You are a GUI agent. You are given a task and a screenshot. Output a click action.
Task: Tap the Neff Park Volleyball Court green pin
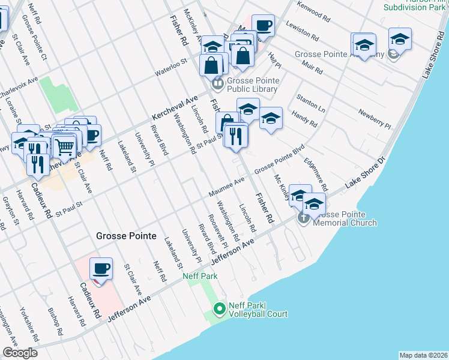point(220,310)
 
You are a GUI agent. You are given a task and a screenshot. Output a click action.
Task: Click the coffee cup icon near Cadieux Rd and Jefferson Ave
point(101,268)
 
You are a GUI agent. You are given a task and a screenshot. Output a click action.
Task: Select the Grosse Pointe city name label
point(126,236)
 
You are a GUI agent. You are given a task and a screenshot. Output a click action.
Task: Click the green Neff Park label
point(200,276)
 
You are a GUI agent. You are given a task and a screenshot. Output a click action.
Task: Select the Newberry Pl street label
point(375,119)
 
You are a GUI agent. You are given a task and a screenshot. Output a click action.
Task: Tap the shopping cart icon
point(64,146)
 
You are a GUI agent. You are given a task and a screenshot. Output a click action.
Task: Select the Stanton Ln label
point(310,103)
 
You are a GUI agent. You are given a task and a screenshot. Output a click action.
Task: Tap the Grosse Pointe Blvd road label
point(279,161)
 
